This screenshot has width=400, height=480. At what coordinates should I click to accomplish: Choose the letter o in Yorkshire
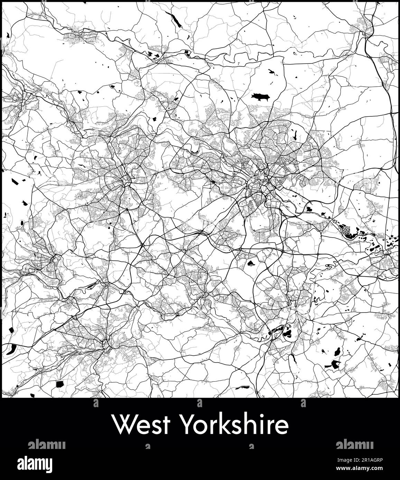click(201, 427)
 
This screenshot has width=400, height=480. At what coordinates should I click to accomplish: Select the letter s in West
click(156, 427)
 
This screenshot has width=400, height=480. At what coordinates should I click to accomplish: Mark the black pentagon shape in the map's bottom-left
click(60, 384)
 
